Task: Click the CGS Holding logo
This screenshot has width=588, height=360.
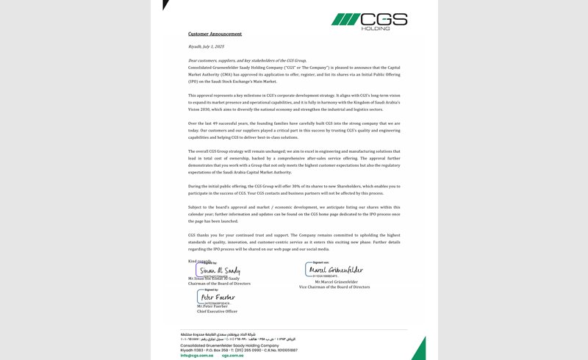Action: pyautogui.click(x=369, y=21)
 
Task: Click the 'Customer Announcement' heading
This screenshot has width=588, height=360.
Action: pyautogui.click(x=215, y=34)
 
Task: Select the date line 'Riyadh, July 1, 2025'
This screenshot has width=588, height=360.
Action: pyautogui.click(x=206, y=46)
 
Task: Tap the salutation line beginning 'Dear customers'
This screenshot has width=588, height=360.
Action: pyautogui.click(x=247, y=60)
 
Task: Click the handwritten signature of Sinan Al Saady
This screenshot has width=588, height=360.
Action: pyautogui.click(x=220, y=271)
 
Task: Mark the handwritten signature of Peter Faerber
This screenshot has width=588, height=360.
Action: pyautogui.click(x=218, y=298)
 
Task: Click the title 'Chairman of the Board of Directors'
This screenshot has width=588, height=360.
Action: pyautogui.click(x=219, y=284)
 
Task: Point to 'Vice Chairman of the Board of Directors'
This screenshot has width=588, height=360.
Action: pyautogui.click(x=334, y=287)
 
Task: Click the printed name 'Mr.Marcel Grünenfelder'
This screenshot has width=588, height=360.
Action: pyautogui.click(x=336, y=281)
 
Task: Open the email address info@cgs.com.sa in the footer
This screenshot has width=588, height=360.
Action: pyautogui.click(x=197, y=356)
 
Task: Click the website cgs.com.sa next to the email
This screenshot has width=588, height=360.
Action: pyautogui.click(x=233, y=356)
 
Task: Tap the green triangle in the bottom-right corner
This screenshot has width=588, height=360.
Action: pyautogui.click(x=420, y=351)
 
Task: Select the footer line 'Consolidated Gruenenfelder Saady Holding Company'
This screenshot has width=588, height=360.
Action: pyautogui.click(x=229, y=345)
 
